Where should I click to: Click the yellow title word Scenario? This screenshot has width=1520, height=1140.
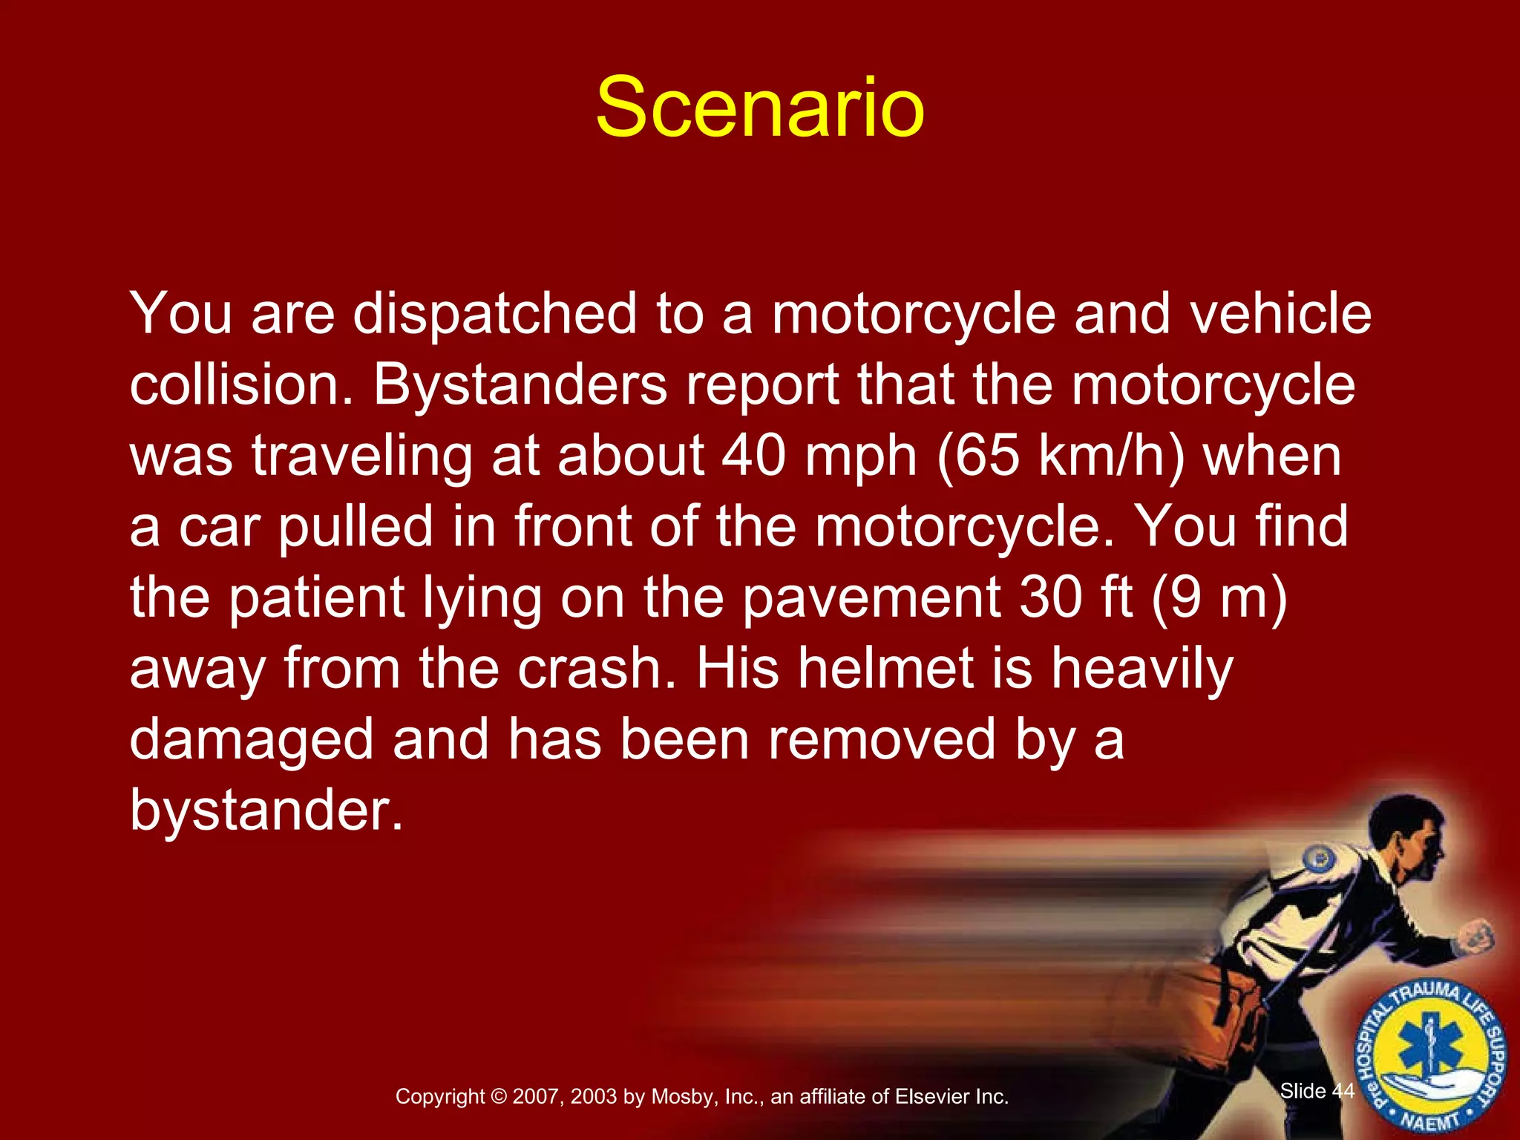click(759, 108)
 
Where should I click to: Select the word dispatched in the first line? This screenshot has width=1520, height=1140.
click(494, 314)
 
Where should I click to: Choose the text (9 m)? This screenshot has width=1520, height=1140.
click(1219, 598)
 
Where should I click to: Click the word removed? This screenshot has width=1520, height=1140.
click(881, 739)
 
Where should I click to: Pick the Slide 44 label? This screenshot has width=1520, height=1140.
click(1317, 1090)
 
